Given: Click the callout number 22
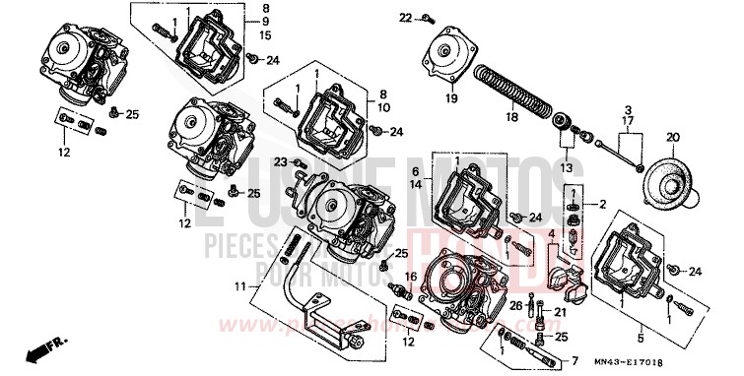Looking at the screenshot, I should tap(405, 18).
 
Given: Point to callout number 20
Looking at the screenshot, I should tap(673, 136).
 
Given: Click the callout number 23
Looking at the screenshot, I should tap(280, 161).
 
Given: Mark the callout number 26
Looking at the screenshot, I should tap(515, 306).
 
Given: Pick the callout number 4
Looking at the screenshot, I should tap(554, 233).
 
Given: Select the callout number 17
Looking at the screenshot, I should tap(626, 122).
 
